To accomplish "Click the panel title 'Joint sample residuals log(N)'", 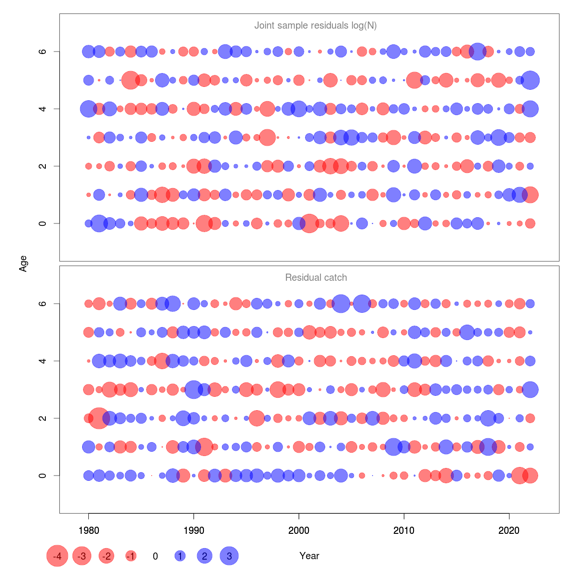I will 316,25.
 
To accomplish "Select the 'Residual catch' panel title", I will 316,277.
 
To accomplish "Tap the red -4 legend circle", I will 57,556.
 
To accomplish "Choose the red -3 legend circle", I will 82,556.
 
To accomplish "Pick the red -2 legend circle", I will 106,556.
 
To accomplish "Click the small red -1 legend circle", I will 131,556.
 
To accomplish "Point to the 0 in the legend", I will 155,556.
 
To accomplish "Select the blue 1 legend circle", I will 180,556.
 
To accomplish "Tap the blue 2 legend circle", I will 204,556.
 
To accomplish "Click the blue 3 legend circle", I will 229,556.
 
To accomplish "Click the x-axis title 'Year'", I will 309,556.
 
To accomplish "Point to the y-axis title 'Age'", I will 23,264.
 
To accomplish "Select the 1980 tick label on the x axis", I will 88,530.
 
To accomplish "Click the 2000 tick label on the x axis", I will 299,530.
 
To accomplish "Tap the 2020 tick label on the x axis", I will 509,530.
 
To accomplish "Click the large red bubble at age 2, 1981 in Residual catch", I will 99,418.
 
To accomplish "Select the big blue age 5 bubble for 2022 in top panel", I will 530,80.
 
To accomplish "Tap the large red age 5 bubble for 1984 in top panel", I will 130,80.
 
